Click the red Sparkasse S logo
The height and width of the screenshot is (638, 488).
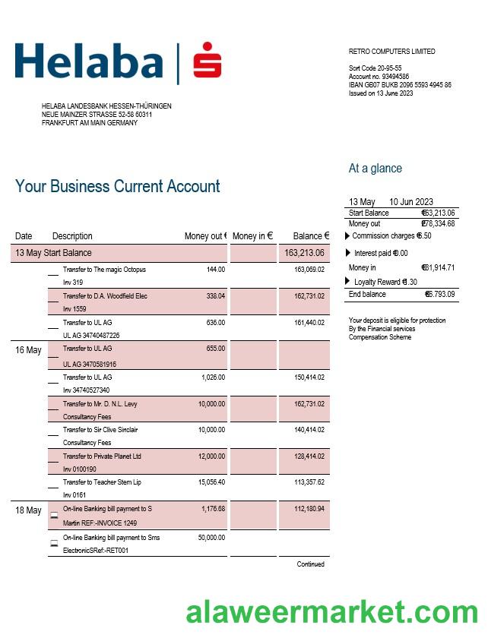point(207,61)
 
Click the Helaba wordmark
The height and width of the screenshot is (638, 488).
point(89,62)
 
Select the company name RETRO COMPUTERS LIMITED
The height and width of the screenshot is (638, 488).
point(391,52)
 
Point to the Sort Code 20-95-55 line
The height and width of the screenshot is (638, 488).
point(376,68)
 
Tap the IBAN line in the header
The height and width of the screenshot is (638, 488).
point(400,85)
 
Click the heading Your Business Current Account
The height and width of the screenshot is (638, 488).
point(117,187)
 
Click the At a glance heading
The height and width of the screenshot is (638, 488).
point(375,169)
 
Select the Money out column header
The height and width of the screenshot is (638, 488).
point(205,236)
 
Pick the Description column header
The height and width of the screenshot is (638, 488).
point(72,236)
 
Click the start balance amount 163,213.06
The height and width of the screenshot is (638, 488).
point(304,253)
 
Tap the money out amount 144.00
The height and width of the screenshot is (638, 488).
point(216,270)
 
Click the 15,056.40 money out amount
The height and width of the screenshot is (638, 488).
point(212,482)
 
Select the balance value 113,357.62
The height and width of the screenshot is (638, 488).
point(309,482)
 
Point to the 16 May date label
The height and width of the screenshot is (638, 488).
point(28,350)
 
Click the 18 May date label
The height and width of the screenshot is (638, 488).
point(28,510)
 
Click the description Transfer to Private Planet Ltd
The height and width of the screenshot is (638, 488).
point(102,456)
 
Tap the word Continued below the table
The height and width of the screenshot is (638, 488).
point(310,564)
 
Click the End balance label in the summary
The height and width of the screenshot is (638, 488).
point(367,294)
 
